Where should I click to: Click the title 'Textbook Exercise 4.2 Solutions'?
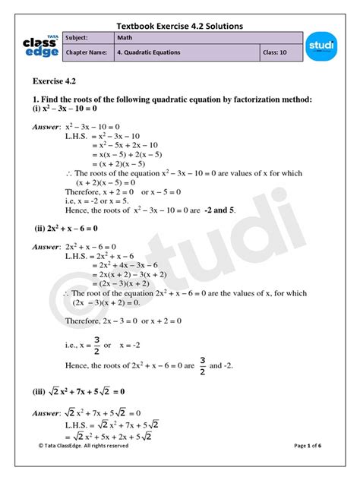(180, 26)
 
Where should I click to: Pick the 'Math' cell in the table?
(207, 38)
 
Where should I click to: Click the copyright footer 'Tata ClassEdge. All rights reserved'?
(84, 467)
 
